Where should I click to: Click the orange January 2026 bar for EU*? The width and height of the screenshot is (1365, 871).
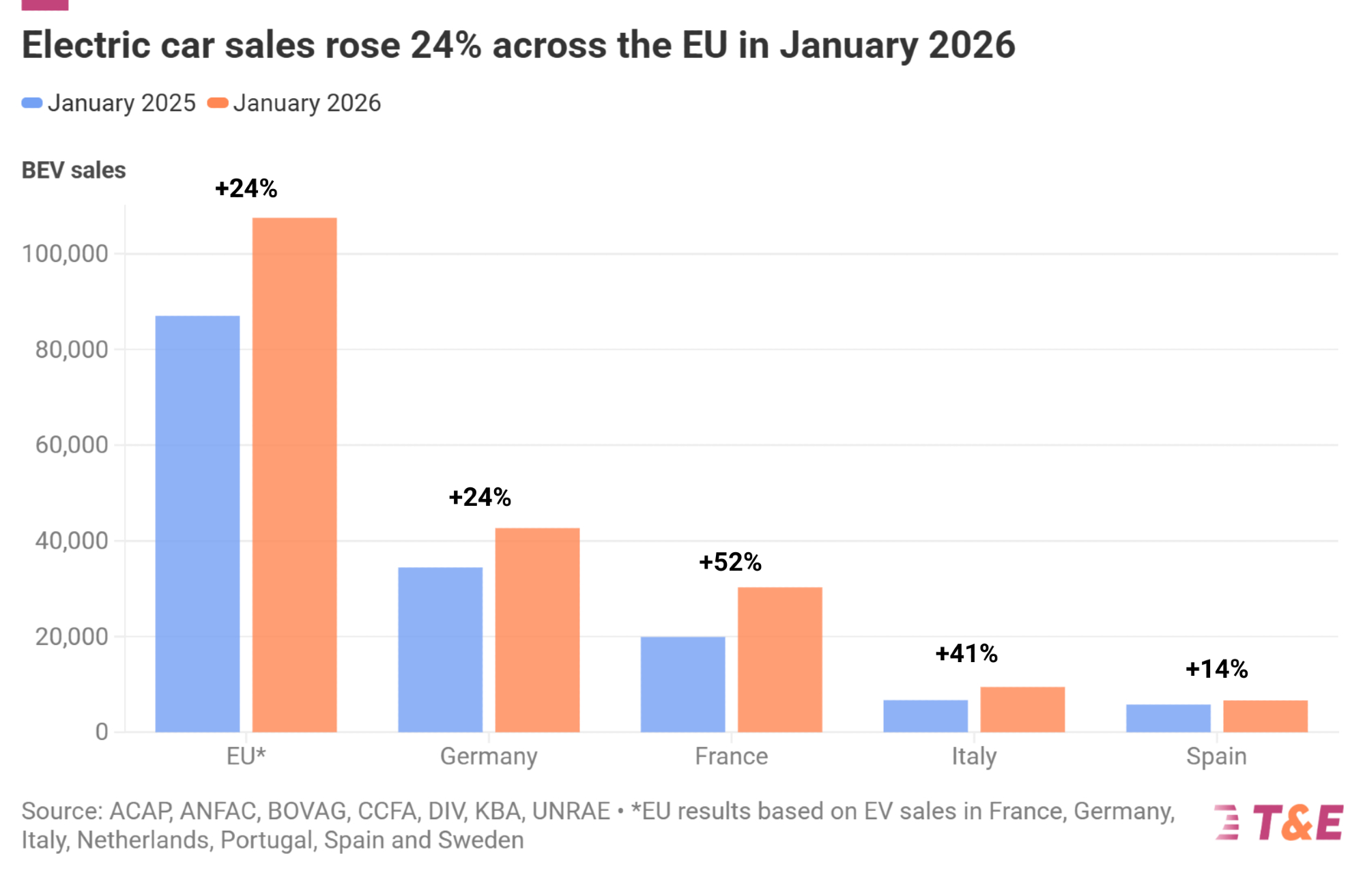click(294, 474)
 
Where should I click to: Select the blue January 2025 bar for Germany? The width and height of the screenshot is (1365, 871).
click(440, 649)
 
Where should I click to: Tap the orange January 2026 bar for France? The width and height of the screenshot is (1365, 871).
click(779, 659)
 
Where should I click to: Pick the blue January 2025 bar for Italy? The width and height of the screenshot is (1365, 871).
click(925, 716)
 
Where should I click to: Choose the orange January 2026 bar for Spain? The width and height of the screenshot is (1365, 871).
click(1265, 716)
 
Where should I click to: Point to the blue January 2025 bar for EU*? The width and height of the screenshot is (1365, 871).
click(197, 524)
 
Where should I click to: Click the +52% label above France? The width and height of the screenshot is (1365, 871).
click(730, 562)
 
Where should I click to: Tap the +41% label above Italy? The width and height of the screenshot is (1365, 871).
click(966, 654)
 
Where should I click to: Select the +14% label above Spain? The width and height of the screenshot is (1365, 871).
click(1217, 669)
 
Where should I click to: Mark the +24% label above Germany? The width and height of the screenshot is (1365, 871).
click(480, 498)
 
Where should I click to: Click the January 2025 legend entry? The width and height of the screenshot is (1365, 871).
click(109, 103)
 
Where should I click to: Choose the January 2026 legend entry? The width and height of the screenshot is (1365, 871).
click(295, 103)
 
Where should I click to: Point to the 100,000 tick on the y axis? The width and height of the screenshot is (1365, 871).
click(66, 254)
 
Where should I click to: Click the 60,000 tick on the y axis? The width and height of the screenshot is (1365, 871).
click(72, 445)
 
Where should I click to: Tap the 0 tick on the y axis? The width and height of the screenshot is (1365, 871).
click(102, 732)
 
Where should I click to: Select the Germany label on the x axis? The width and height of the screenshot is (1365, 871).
click(489, 756)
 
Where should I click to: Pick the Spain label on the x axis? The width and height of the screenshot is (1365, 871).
click(1216, 756)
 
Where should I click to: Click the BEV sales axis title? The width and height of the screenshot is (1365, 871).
click(74, 170)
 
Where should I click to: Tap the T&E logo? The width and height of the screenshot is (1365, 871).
click(1280, 823)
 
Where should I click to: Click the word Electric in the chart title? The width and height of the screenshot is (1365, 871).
click(86, 45)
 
